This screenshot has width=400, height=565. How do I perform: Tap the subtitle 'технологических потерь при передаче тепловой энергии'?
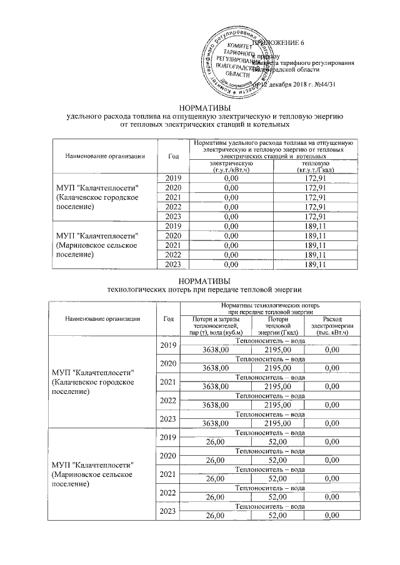[205, 289]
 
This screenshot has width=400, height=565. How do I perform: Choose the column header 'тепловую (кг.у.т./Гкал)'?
[311, 167]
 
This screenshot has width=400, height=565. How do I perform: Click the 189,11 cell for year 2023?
[311, 265]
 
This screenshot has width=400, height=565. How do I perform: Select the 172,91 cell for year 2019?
[311, 179]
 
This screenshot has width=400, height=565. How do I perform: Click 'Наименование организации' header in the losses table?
[102, 318]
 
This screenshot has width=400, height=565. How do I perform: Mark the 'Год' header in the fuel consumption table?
[174, 156]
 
